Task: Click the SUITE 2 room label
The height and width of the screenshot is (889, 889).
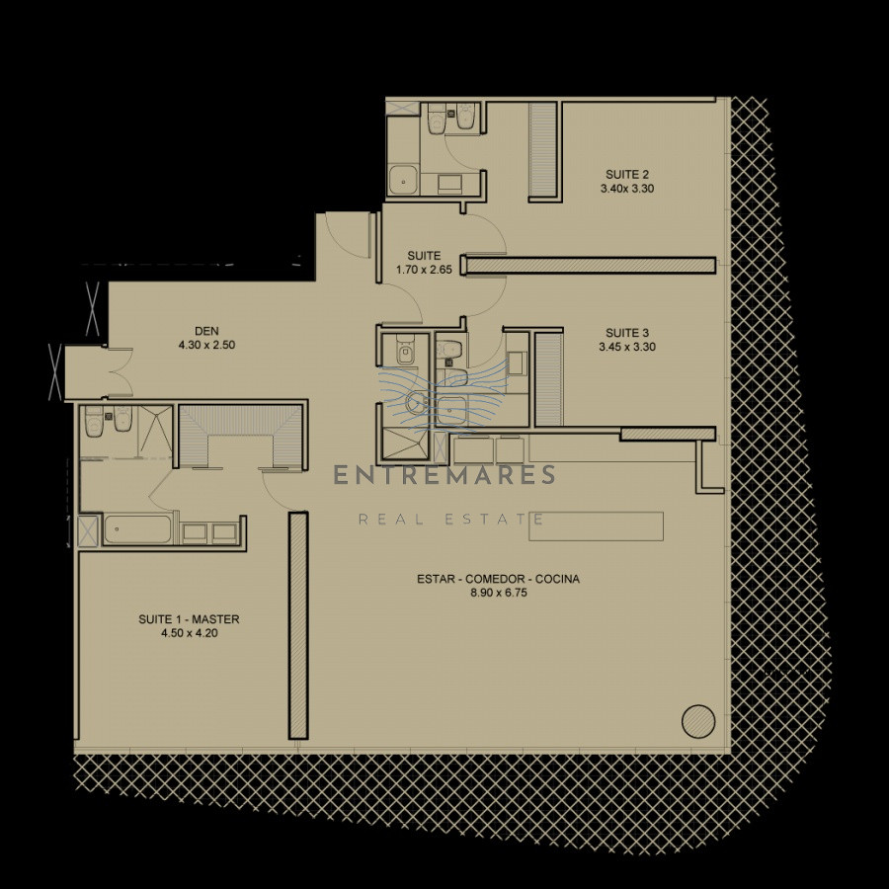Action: tap(627, 174)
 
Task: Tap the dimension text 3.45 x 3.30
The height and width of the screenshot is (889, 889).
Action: tap(627, 347)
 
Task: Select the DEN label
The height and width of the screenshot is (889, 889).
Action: tap(206, 331)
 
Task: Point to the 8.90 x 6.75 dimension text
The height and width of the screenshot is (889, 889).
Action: tap(498, 593)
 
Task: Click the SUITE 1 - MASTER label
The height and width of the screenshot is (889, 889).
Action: tap(189, 619)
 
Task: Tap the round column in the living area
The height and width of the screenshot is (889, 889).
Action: tap(697, 720)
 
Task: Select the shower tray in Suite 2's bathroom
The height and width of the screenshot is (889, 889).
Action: tap(403, 180)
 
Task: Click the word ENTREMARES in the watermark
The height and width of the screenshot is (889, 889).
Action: tap(444, 476)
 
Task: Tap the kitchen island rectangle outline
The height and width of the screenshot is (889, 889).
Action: tap(596, 525)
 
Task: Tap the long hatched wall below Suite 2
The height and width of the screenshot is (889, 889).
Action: tap(590, 265)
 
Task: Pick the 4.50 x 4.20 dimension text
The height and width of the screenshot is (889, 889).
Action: tap(189, 633)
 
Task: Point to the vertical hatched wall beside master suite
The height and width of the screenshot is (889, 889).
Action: tap(297, 625)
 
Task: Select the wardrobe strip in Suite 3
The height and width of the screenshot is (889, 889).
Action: tap(547, 378)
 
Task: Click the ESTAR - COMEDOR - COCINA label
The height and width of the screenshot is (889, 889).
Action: tap(498, 579)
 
